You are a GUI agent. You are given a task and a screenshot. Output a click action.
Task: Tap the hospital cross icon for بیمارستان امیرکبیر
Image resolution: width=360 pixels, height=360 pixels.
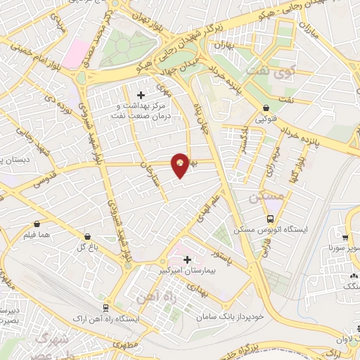(187, 259)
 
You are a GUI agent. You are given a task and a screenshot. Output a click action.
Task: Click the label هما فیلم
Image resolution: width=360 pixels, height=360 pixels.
(36, 234)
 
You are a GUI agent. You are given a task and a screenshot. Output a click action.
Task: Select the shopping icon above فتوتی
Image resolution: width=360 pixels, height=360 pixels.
(266, 108)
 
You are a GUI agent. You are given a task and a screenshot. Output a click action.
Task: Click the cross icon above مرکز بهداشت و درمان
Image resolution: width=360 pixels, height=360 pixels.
(141, 95)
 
